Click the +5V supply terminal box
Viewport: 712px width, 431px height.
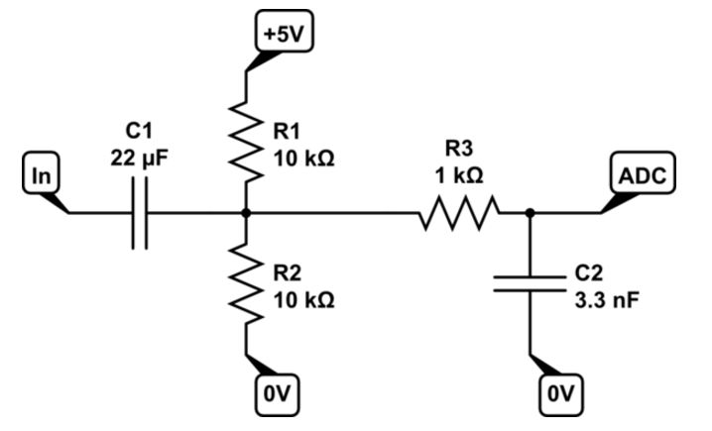pyautogui.click(x=285, y=32)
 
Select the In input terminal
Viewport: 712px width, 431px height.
pyautogui.click(x=41, y=172)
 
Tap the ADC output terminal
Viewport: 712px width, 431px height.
pyautogui.click(x=643, y=172)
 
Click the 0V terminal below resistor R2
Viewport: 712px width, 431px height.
pyautogui.click(x=277, y=394)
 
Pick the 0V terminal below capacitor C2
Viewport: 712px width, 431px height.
pyautogui.click(x=561, y=394)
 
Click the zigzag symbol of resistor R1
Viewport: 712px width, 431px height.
pyautogui.click(x=246, y=142)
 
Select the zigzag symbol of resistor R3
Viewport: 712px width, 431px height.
pyautogui.click(x=458, y=213)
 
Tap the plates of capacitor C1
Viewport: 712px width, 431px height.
pyautogui.click(x=140, y=213)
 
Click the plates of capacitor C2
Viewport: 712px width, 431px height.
pyautogui.click(x=530, y=283)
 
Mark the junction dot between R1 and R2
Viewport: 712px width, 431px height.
pyautogui.click(x=246, y=213)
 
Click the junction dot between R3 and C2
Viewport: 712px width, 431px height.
pyautogui.click(x=530, y=213)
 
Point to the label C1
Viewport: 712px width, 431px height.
pyautogui.click(x=139, y=132)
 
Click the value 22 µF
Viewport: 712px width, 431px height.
pyautogui.click(x=139, y=160)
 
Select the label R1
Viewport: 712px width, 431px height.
pyautogui.click(x=287, y=132)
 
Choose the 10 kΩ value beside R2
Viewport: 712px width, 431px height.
pyautogui.click(x=303, y=300)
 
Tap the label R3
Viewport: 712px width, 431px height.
pyautogui.click(x=459, y=149)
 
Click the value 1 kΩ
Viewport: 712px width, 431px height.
pyautogui.click(x=459, y=176)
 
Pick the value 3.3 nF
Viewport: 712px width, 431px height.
pyautogui.click(x=607, y=300)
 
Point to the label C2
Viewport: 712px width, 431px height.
pyautogui.click(x=589, y=273)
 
